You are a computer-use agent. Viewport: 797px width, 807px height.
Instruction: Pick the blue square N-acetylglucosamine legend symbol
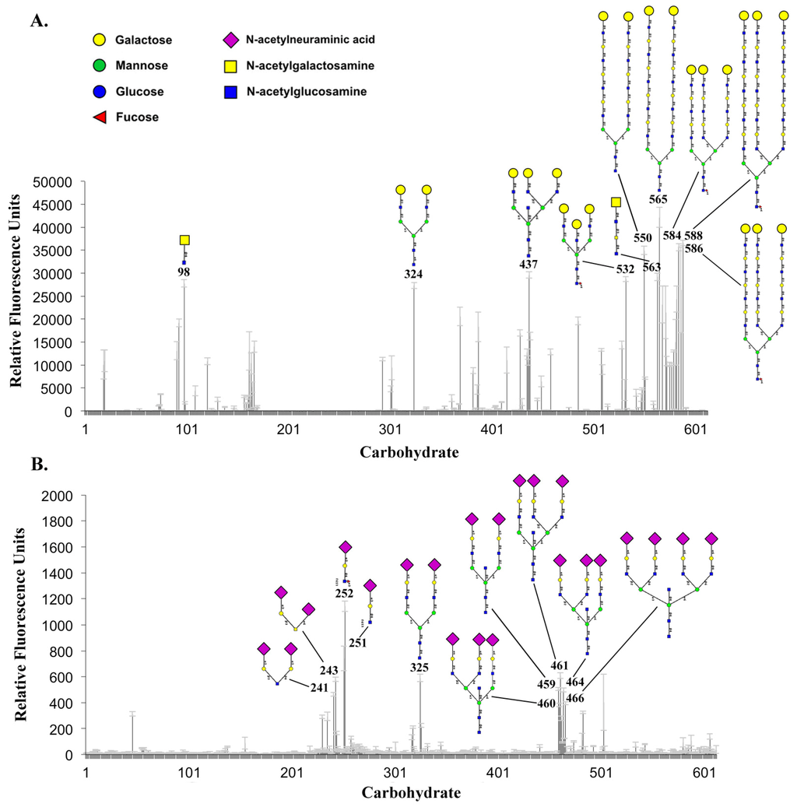point(230,92)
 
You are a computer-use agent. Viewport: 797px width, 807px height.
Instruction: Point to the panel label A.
point(39,21)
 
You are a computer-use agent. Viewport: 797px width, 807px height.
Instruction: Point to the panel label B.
point(39,465)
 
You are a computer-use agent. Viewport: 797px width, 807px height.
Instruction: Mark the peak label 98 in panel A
point(184,272)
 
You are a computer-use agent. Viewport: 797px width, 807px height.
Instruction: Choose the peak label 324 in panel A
point(413,274)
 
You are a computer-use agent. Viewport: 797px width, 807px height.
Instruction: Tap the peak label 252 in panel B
point(345,593)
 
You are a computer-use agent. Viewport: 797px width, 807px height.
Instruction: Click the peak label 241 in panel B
point(319,687)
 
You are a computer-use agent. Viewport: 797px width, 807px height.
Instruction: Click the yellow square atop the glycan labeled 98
point(184,240)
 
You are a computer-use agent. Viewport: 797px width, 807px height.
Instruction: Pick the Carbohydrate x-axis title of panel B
point(410,794)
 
